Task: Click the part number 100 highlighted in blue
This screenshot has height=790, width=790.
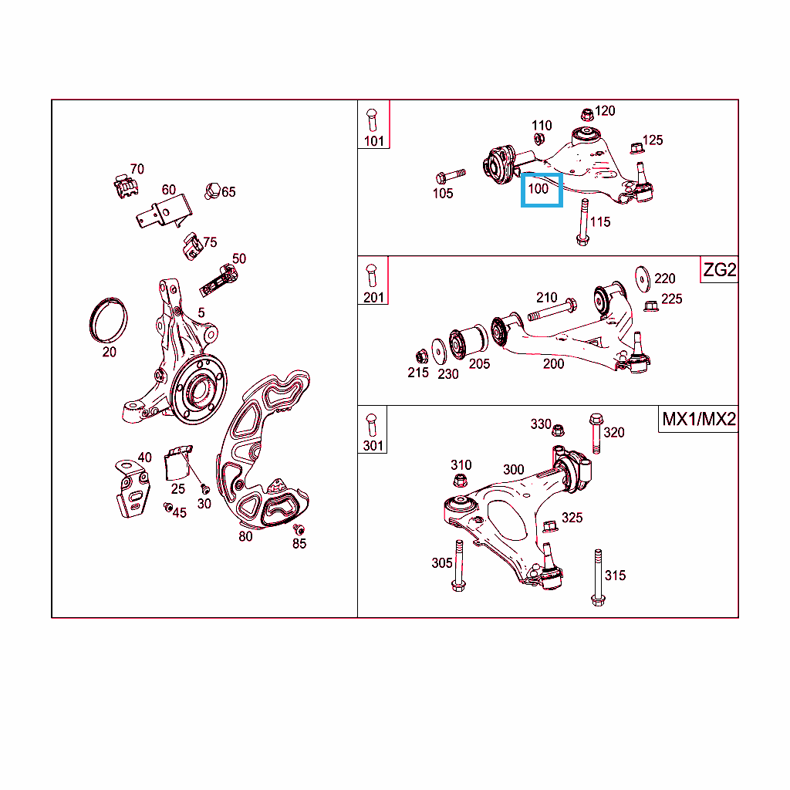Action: click(x=538, y=189)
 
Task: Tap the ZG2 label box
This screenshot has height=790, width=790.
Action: click(x=719, y=270)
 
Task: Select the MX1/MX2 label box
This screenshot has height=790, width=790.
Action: click(x=698, y=419)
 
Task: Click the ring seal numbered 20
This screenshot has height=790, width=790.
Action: click(x=108, y=319)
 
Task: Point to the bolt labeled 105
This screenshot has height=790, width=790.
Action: click(x=451, y=176)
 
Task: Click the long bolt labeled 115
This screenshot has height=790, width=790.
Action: click(x=583, y=222)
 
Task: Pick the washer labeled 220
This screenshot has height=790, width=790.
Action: click(x=643, y=279)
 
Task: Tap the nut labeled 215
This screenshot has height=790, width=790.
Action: click(x=421, y=356)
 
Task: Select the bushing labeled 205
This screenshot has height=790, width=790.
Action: click(x=468, y=342)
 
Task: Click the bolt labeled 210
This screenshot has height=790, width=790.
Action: click(x=552, y=309)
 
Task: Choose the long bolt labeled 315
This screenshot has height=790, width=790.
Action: click(x=598, y=577)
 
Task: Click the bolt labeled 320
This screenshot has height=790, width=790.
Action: click(x=596, y=434)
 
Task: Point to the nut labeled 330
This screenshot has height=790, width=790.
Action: click(x=558, y=430)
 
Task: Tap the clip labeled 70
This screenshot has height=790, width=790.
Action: click(x=126, y=187)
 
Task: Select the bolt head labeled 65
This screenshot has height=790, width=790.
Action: click(x=212, y=191)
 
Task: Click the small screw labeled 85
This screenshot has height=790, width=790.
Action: click(x=299, y=529)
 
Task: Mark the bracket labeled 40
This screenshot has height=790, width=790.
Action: click(x=133, y=488)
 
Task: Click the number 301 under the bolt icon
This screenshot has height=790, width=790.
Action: click(x=373, y=445)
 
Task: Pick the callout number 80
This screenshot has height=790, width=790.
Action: click(x=245, y=537)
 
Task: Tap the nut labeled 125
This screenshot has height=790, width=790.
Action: click(x=636, y=148)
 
